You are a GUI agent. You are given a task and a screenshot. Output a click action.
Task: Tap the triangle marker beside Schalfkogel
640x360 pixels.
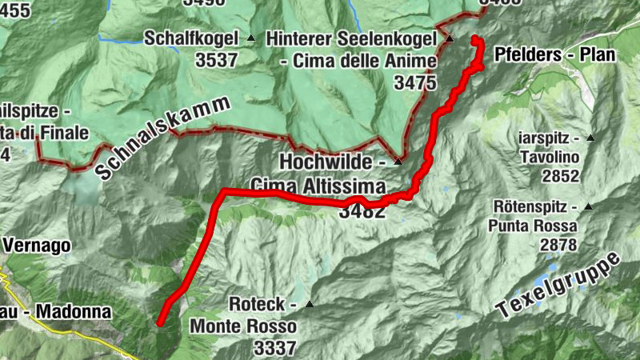click(250, 38)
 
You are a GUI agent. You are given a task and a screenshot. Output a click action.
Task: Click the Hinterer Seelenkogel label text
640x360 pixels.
click(351, 38)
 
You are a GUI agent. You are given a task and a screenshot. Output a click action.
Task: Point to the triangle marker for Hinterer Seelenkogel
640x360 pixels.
click(450, 38)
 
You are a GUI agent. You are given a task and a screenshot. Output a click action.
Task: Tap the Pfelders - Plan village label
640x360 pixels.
click(554, 55)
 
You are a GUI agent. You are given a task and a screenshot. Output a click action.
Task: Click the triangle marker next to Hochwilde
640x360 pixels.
click(398, 162)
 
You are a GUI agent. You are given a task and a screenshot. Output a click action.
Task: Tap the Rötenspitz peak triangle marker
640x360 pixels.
click(589, 207)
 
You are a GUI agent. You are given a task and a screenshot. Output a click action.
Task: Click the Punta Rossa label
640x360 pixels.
click(533, 226)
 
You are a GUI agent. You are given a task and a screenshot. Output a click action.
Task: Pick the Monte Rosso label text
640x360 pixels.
click(243, 326)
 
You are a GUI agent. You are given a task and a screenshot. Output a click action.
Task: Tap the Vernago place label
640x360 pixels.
click(35, 245)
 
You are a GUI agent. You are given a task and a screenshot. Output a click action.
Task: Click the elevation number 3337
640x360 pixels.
click(275, 348)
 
